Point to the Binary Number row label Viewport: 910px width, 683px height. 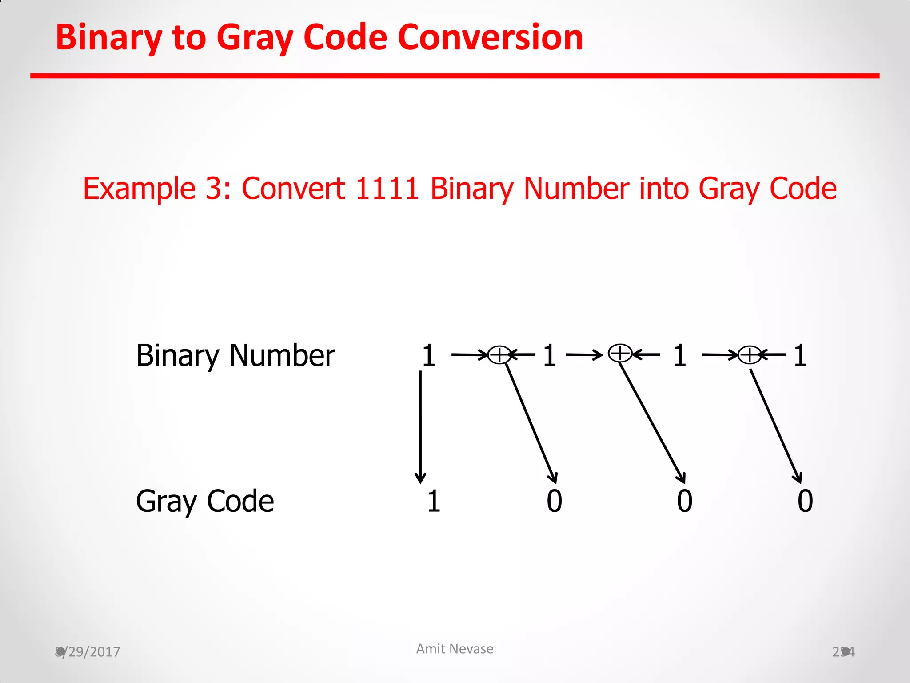(x=235, y=356)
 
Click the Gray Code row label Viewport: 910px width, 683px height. (x=205, y=501)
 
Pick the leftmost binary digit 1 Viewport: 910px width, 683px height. (x=428, y=356)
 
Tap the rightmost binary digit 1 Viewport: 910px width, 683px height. (x=800, y=356)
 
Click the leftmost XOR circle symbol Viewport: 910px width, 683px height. (x=499, y=355)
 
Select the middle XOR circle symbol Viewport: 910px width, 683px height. (x=620, y=354)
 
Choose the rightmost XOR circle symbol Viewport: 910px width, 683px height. (x=750, y=355)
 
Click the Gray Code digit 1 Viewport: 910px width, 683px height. (x=434, y=501)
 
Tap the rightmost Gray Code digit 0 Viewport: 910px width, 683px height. (x=805, y=501)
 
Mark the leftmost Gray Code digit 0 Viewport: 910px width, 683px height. (x=554, y=501)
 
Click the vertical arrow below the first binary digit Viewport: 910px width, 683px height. (x=420, y=427)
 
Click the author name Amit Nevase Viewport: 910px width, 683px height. (x=455, y=649)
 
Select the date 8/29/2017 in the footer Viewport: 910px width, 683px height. (x=88, y=652)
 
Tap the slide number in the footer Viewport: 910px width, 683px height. (x=843, y=652)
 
